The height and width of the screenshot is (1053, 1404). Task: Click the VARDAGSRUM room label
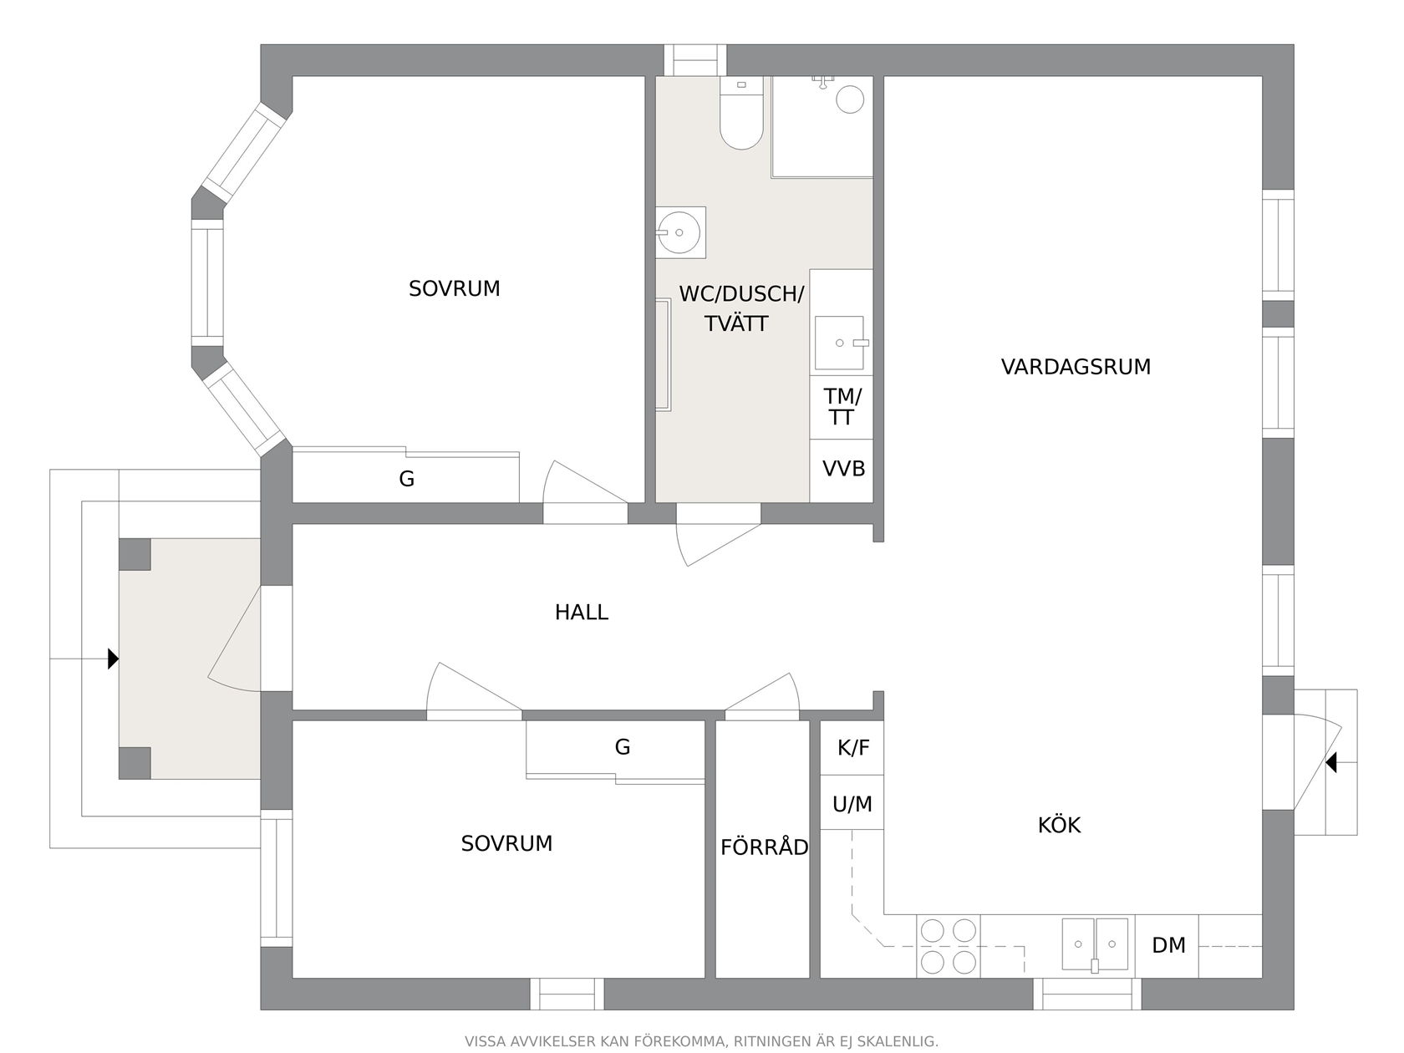(1076, 367)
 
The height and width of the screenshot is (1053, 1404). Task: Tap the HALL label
(581, 613)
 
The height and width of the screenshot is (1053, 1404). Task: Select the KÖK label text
(1059, 825)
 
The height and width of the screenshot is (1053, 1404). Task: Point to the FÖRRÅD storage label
(764, 847)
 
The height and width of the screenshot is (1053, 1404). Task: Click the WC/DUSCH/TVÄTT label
(740, 309)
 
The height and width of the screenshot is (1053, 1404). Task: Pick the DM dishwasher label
(1168, 945)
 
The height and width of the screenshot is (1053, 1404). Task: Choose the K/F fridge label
(853, 747)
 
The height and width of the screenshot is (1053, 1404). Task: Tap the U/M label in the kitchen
(852, 804)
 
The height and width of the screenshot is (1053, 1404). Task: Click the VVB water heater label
(843, 469)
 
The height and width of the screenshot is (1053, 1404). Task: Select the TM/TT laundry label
(842, 407)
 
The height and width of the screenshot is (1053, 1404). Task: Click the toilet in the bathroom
(741, 113)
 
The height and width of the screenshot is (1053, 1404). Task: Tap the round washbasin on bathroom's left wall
(679, 232)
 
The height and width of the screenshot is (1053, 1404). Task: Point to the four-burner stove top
(948, 946)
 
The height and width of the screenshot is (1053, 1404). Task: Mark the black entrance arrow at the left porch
(113, 659)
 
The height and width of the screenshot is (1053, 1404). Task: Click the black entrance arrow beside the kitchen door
(1331, 762)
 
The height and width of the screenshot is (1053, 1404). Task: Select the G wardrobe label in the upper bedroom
(406, 478)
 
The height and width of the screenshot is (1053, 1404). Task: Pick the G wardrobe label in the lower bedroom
(623, 747)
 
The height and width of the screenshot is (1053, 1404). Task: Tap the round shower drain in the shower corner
(850, 99)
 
